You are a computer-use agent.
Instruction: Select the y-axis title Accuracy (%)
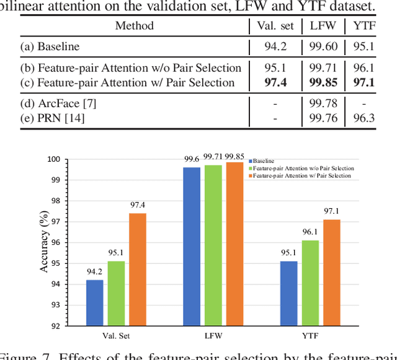[44, 242]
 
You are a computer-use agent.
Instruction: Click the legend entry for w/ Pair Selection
[301, 176]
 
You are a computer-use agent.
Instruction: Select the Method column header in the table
[134, 26]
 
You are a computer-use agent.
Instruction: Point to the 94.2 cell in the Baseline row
[275, 46]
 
